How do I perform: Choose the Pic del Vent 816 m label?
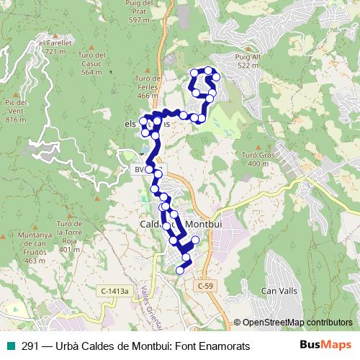click(16, 110)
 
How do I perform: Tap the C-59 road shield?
click(205, 286)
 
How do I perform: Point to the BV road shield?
click(140, 170)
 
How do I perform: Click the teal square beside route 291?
click(9, 346)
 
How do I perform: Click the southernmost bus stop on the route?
click(180, 270)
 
